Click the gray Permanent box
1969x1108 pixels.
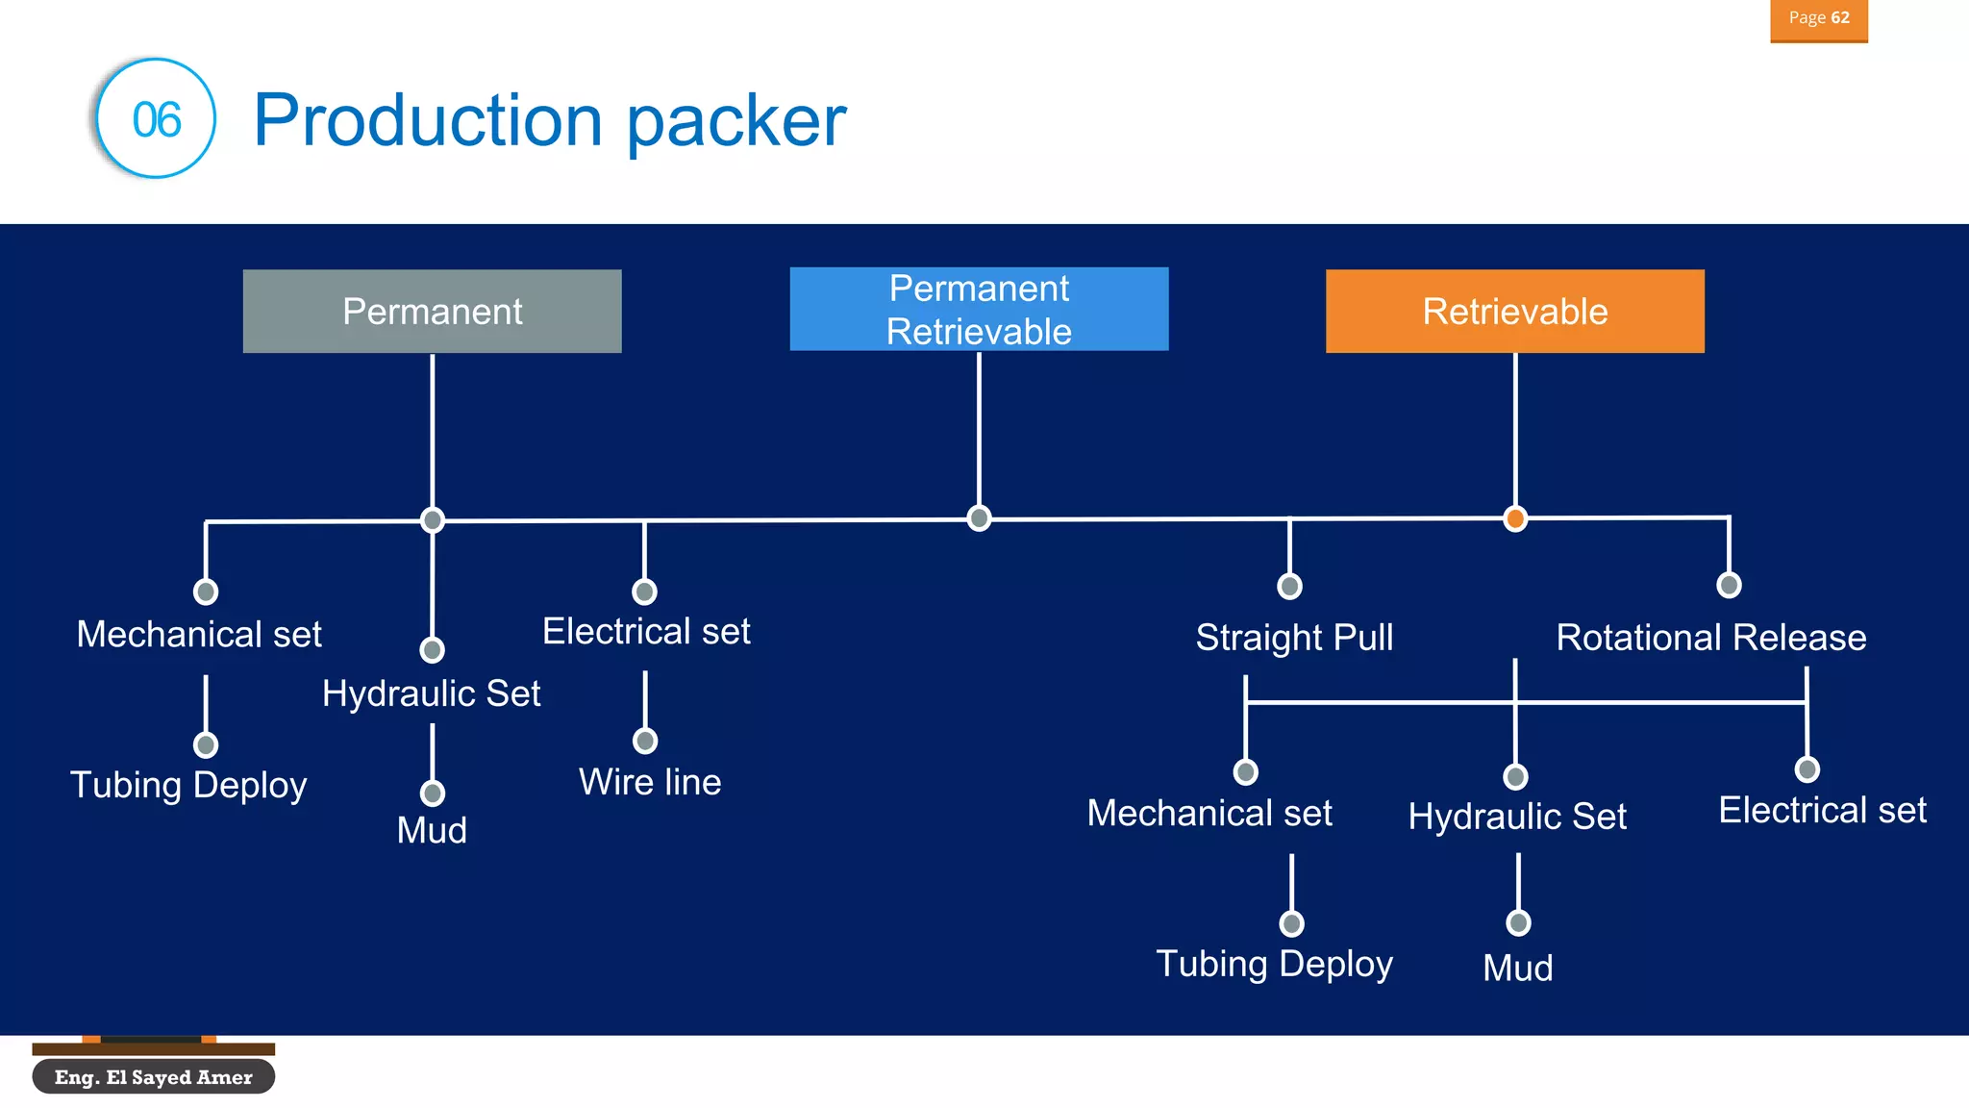pos(432,312)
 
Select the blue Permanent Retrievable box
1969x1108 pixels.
pos(979,310)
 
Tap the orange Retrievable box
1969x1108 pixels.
pos(1514,312)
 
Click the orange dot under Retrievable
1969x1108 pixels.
pos(1515,519)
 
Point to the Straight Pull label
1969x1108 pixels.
pos(1294,638)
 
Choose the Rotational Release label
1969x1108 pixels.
pos(1710,638)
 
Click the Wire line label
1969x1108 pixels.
pos(650,782)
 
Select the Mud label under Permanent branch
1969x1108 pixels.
pos(432,830)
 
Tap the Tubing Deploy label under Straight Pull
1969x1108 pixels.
pos(1274,964)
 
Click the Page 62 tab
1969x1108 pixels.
pos(1818,19)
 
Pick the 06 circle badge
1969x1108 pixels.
pos(156,119)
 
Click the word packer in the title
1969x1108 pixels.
pos(736,121)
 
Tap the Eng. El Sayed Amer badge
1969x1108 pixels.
pos(154,1077)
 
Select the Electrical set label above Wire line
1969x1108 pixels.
pos(646,632)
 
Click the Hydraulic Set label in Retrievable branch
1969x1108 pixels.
pos(1517,817)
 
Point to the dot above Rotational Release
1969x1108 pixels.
pos(1729,585)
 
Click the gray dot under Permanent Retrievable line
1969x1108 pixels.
pos(979,518)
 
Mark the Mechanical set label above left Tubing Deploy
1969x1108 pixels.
pos(199,635)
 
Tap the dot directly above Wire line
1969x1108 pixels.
pos(645,741)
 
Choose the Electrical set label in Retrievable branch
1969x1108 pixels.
pos(1822,811)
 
